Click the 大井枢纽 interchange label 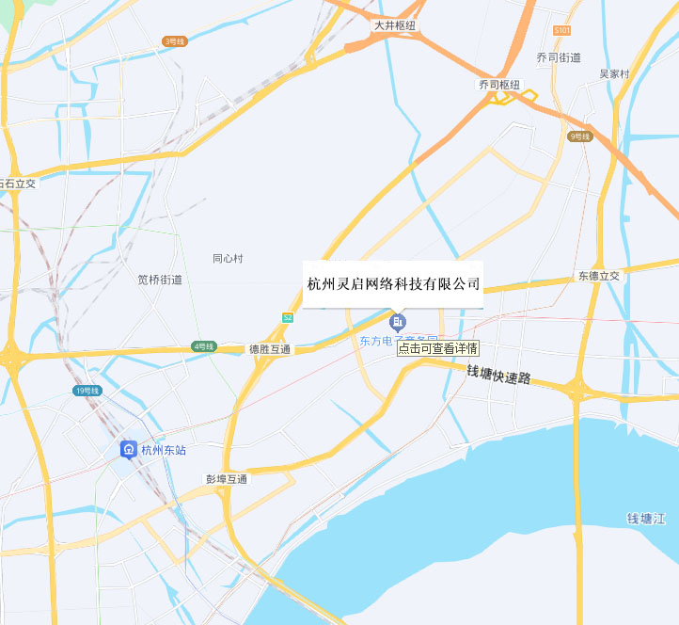395,25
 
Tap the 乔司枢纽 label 498,85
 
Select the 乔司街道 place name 559,57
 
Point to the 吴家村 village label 614,73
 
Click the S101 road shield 562,31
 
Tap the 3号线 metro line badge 175,40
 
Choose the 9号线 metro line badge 580,136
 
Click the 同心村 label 228,258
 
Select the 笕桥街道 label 160,280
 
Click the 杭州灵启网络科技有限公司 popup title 393,283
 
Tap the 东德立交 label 599,276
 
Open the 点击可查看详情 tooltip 437,347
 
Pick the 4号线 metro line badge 204,346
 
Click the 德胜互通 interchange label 269,349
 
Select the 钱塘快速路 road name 498,375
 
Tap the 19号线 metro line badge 86,390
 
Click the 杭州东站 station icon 128,450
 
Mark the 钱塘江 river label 647,519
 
